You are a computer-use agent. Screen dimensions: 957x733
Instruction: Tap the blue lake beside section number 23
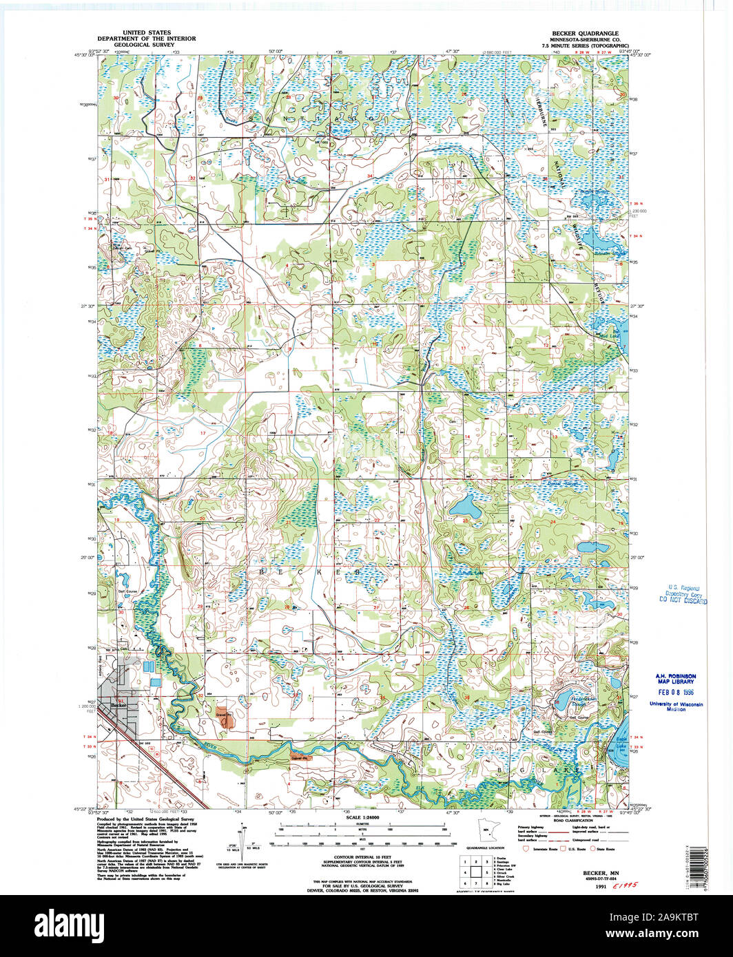click(466, 508)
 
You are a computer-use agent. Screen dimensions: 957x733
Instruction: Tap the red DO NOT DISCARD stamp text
click(683, 600)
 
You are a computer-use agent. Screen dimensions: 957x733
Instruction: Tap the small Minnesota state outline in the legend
click(487, 831)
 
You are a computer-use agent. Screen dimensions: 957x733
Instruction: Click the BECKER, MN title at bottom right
click(591, 872)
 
